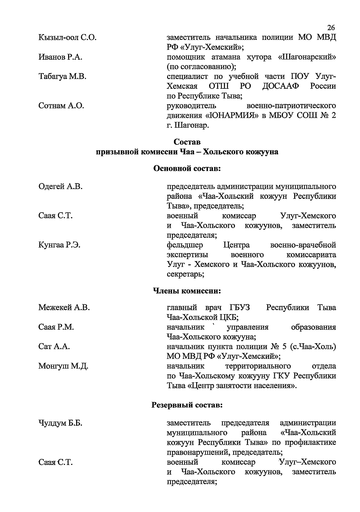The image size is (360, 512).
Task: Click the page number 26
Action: [x=331, y=28]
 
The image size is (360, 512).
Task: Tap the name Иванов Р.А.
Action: [x=60, y=57]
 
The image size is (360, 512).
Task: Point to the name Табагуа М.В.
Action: [x=62, y=77]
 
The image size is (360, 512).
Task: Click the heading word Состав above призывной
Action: [x=187, y=142]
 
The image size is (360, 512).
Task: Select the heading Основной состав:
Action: [x=187, y=169]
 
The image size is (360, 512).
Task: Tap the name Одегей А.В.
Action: [x=60, y=187]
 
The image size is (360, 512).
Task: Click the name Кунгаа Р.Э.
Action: [x=59, y=245]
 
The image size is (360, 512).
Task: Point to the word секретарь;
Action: [x=185, y=274]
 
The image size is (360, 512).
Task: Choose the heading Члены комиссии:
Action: [x=187, y=290]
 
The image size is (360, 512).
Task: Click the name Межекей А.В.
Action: [x=64, y=308]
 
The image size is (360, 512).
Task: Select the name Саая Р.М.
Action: [x=56, y=327]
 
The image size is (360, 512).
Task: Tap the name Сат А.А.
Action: [x=54, y=347]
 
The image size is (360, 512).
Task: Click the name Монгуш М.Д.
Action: [x=63, y=366]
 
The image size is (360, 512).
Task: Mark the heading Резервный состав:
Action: [x=187, y=406]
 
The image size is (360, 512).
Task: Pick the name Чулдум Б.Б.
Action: [x=60, y=423]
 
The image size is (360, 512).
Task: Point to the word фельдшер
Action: [x=185, y=245]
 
